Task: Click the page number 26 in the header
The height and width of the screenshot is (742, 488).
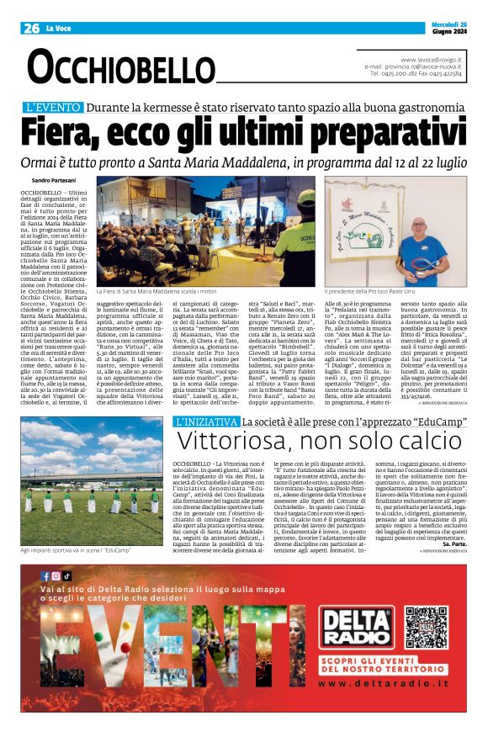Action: [x=32, y=28]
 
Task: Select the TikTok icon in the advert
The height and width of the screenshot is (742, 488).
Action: [x=67, y=575]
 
